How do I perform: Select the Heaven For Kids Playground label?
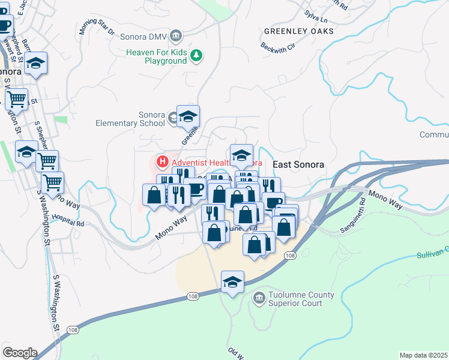click(156, 56)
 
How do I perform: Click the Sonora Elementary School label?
click(130, 119)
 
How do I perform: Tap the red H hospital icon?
click(161, 161)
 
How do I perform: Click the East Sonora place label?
click(298, 164)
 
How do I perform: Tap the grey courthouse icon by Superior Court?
click(259, 297)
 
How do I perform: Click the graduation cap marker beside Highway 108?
click(232, 281)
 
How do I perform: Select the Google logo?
click(20, 353)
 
